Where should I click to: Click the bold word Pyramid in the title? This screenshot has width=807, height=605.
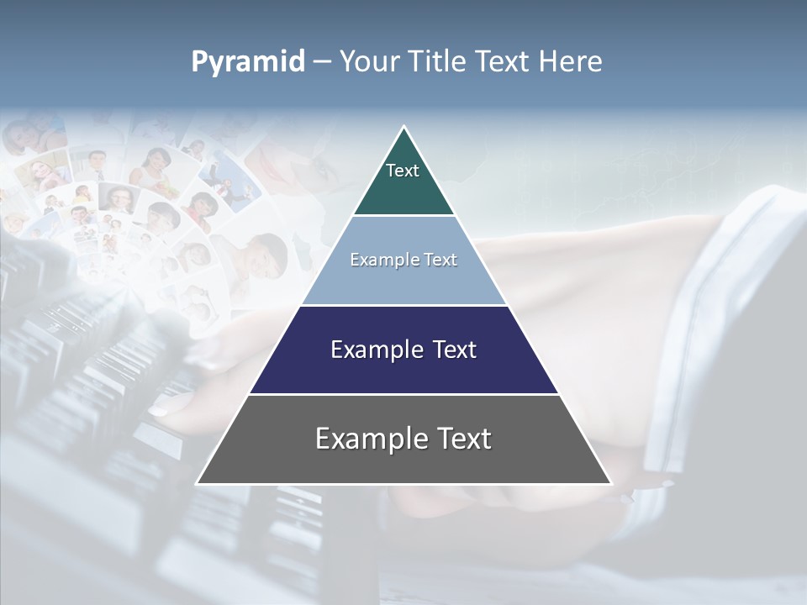[x=248, y=62]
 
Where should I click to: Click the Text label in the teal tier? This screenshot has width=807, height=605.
[x=403, y=171]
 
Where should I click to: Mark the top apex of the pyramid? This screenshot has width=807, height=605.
[x=404, y=128]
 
